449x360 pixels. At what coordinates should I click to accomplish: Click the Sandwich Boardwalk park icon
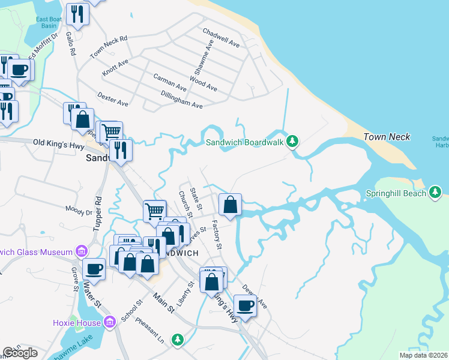292,141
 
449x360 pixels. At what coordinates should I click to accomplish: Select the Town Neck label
387,137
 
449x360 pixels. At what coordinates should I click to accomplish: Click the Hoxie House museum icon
109,323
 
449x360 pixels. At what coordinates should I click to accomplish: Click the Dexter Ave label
112,100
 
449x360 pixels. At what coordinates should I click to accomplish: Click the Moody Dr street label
80,211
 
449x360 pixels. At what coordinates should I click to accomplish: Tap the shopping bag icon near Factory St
230,205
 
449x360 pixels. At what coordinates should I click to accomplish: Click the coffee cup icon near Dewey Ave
245,306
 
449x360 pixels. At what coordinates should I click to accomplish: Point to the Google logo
20,353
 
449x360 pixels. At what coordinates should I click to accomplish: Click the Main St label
163,303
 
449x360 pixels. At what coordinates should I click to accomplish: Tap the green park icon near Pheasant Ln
177,340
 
